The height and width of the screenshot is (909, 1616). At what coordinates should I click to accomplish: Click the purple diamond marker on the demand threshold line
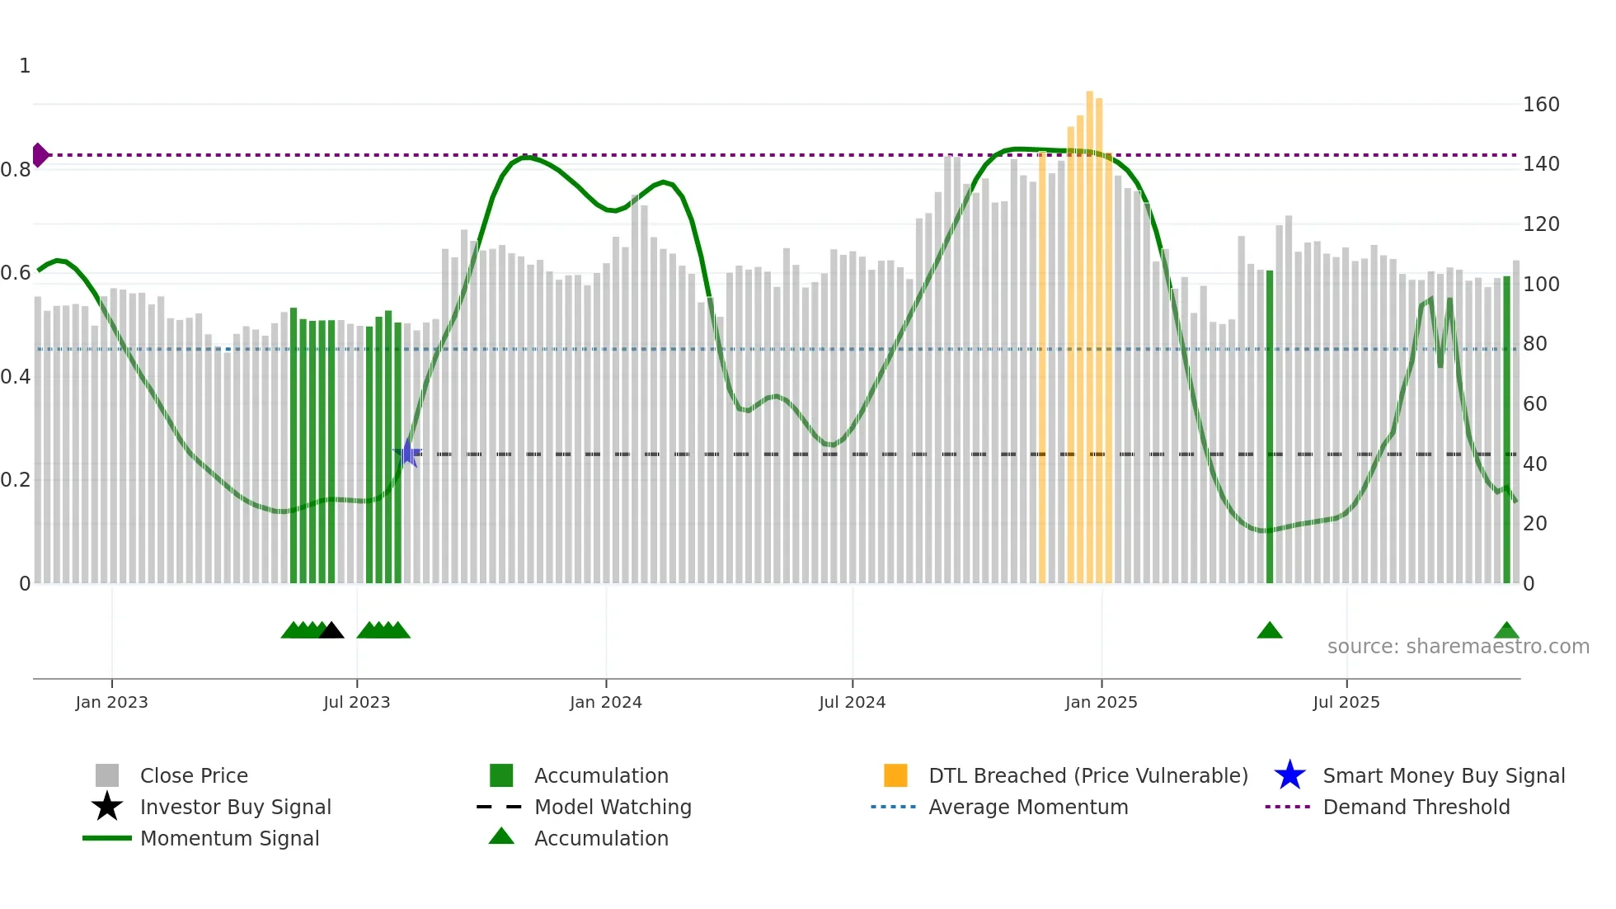40,155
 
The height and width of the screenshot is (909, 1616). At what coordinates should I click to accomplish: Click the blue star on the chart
407,453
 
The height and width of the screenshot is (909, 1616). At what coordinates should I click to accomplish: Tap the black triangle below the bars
331,631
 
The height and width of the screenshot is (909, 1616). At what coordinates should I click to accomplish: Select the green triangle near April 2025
1269,631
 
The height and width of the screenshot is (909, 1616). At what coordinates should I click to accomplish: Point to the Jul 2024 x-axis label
852,702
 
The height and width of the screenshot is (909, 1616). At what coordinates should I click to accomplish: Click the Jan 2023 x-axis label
111,702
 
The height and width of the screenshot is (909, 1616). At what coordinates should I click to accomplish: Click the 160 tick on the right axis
1540,105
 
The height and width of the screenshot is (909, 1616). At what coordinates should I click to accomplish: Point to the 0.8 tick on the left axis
15,170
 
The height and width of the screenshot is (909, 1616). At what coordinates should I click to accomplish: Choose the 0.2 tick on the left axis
15,480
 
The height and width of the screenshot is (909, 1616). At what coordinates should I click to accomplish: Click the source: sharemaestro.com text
1458,647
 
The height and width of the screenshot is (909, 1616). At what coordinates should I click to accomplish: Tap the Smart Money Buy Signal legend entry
1443,775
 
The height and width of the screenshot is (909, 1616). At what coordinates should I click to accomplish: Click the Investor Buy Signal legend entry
235,807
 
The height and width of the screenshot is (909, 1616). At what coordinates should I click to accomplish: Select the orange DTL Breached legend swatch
895,775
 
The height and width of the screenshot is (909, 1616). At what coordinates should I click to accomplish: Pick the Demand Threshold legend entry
1416,807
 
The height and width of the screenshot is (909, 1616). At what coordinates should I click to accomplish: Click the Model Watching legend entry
612,807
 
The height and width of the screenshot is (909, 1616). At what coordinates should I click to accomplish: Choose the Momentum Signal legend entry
229,838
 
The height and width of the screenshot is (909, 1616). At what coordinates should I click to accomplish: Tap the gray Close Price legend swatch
107,775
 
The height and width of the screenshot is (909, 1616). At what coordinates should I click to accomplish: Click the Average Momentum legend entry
1027,807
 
